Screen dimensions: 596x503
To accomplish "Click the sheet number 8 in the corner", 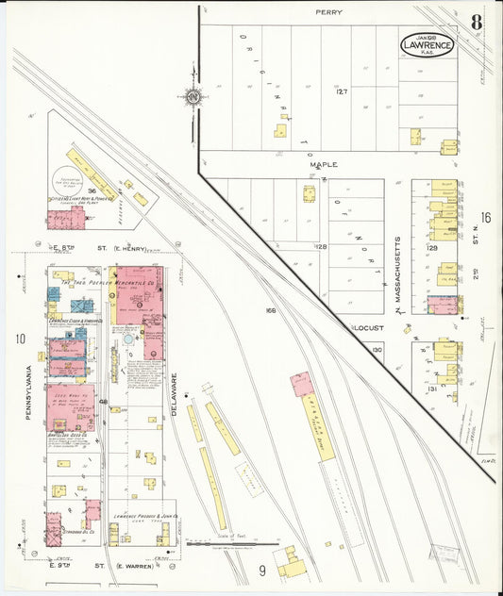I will point(478,22).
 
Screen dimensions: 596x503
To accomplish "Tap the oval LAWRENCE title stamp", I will point(428,43).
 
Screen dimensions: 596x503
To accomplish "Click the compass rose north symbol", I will point(193,96).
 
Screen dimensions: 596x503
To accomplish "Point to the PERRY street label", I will point(328,13).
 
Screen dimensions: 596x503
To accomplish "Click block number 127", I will point(342,91).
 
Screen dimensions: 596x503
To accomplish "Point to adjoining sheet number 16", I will point(485,218).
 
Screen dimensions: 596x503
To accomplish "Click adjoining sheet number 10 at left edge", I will point(19,339).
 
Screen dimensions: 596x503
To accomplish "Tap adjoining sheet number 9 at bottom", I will point(262,569).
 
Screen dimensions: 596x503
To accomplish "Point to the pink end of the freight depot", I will point(302,384).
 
